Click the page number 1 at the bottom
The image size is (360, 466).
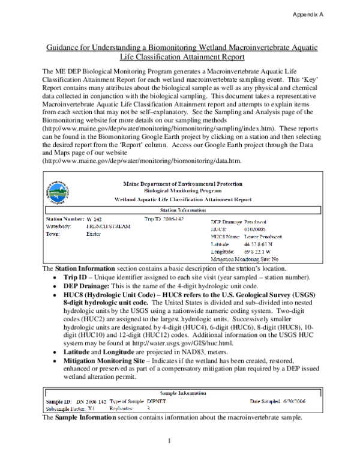click(x=170, y=443)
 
